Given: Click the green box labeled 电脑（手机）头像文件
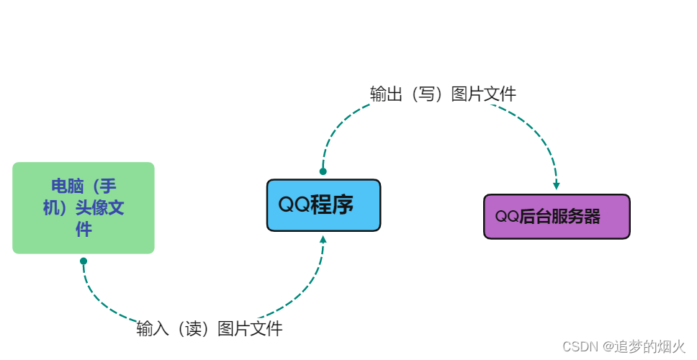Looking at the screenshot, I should click(84, 208).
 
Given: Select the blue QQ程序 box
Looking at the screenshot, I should click(323, 205).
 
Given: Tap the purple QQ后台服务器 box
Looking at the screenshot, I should click(557, 217).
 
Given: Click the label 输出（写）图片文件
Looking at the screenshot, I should click(443, 94).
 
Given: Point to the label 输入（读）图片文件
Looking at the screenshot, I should click(210, 329).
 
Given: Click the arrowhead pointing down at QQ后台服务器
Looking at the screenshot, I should click(557, 185).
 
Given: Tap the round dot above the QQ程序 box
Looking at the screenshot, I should click(323, 171).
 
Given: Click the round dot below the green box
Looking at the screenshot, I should click(84, 261).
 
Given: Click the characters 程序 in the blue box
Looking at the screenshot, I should click(333, 205).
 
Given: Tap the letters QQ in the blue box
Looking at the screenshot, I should click(294, 205).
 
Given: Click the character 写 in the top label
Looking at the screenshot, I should click(431, 94).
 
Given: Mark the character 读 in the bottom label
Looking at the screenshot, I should click(197, 329).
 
